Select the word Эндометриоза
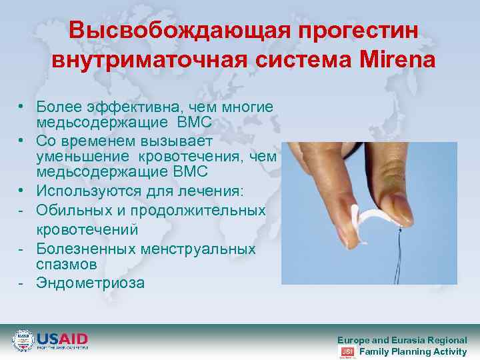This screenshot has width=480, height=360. [90, 283]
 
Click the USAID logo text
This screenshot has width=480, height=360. [61, 339]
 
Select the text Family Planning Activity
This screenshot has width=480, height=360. [413, 351]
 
